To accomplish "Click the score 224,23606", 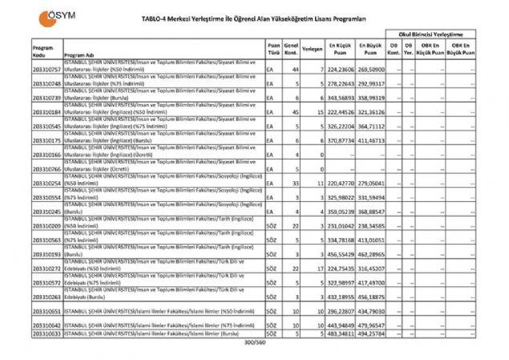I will click(x=340, y=71).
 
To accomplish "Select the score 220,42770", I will click(x=340, y=183).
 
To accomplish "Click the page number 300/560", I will click(x=255, y=342).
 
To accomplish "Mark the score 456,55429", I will click(x=340, y=253).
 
